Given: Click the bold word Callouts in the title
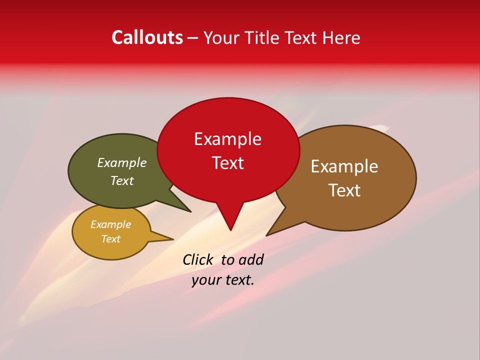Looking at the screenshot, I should (147, 37).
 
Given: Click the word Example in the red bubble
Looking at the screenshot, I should (227, 139).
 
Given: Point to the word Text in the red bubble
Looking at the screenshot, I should (227, 163).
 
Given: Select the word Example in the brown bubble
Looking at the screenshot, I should (344, 166).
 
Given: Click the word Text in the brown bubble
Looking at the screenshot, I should (344, 190).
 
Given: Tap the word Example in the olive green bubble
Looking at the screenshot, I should (122, 163).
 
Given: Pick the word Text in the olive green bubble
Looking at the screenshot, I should (122, 181).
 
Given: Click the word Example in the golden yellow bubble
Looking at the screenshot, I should (110, 224).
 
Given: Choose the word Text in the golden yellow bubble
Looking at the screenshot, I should (110, 239).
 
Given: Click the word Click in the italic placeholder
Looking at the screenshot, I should (198, 260).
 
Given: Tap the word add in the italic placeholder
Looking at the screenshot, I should (251, 260).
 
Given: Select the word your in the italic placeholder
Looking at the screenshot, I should (205, 280).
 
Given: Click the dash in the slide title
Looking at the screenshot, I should (193, 38).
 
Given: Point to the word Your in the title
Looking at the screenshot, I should (220, 37).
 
